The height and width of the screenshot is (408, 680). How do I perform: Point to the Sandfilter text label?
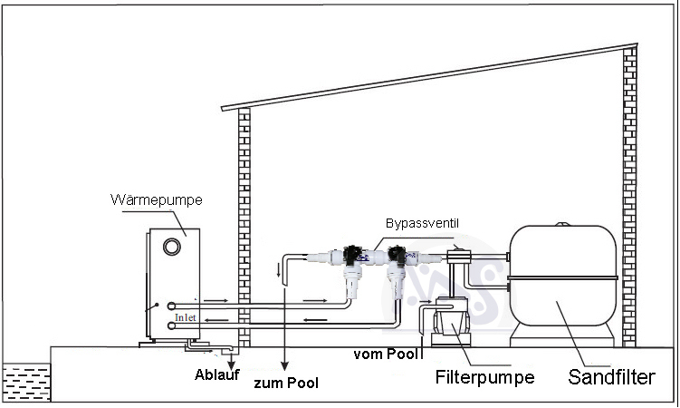(x=611, y=376)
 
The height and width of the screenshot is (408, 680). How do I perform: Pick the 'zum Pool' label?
(x=286, y=383)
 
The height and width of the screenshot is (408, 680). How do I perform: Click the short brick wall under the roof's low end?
(x=243, y=227)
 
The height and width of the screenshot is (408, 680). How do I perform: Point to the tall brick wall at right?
(x=629, y=195)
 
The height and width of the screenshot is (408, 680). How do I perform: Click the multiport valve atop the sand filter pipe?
(x=462, y=256)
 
